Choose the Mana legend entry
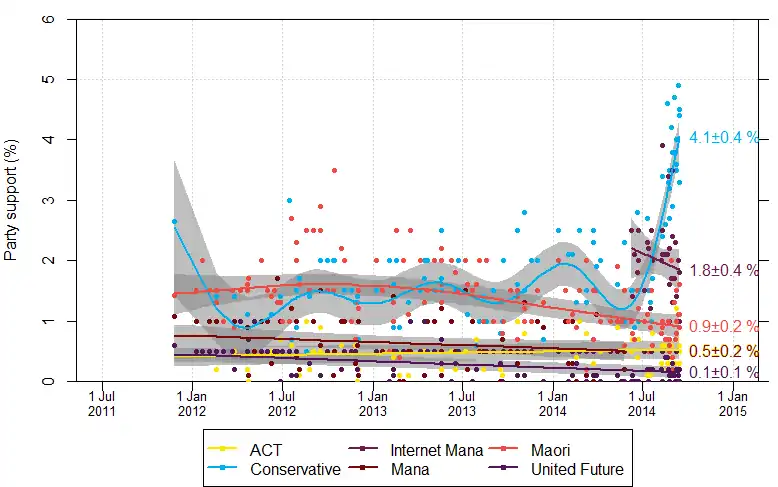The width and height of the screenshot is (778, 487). point(411,468)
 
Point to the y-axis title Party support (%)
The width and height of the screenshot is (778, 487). point(12,201)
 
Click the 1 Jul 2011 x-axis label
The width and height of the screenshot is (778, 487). point(102,402)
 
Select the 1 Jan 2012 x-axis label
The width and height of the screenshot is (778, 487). point(192,402)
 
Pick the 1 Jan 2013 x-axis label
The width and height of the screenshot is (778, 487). point(372,402)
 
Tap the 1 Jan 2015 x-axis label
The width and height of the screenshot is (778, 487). point(732,402)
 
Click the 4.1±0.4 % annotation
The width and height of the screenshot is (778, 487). point(724,138)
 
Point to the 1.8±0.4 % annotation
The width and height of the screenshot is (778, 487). point(724,270)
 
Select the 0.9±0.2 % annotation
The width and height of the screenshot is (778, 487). point(724,326)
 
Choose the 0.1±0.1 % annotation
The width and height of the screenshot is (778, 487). point(724,373)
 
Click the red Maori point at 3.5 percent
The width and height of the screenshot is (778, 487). point(334,170)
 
